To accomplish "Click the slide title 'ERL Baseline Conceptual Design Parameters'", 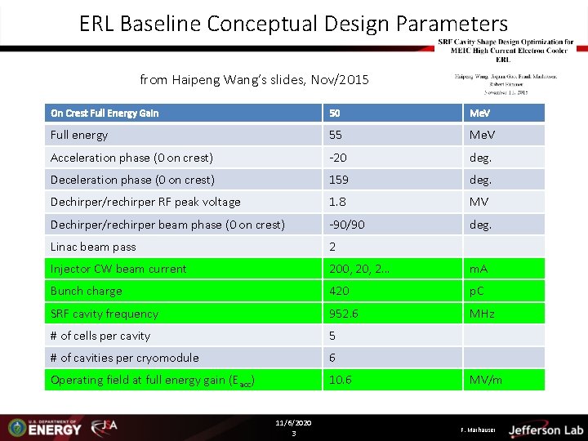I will click(293, 24).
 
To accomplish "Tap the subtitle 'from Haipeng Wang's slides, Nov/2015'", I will click(254, 79).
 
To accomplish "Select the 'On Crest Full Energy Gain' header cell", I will click(105, 113).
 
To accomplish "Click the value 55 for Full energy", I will click(336, 135).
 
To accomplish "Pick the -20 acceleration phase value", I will click(339, 158).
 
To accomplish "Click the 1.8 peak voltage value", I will click(336, 202).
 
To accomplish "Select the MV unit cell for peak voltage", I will click(479, 202).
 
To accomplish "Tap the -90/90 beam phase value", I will click(347, 224).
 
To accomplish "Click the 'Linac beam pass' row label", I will click(93, 247).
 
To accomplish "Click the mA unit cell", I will click(479, 269).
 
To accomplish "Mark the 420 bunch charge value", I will click(339, 291).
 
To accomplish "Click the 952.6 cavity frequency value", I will click(343, 314).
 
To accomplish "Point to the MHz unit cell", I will click(482, 314).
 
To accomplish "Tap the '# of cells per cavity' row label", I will click(100, 336).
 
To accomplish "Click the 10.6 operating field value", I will click(341, 380).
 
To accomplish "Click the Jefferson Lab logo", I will click(546, 430).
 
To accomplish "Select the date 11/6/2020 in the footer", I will click(293, 423).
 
